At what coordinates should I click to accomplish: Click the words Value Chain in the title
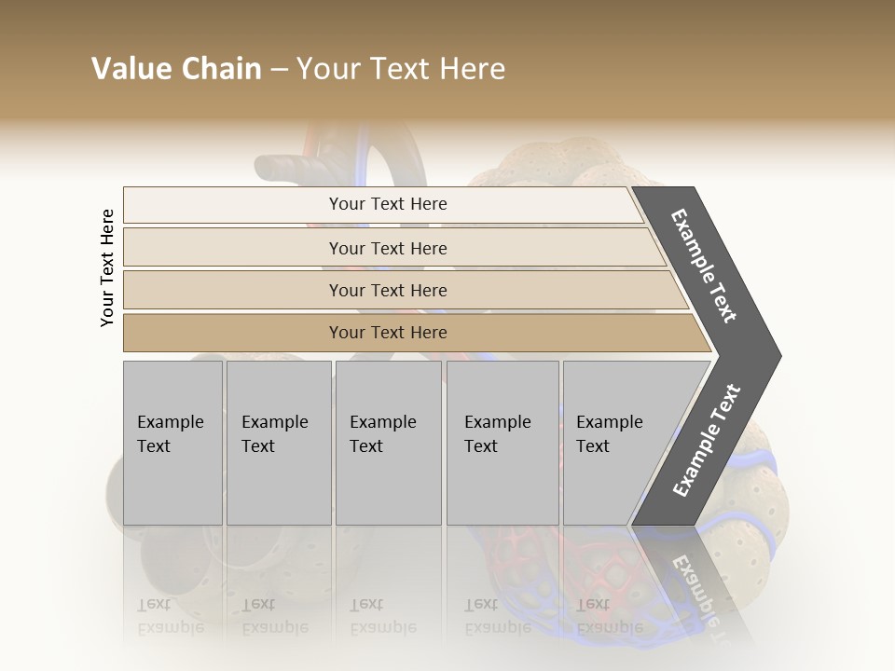pyautogui.click(x=176, y=69)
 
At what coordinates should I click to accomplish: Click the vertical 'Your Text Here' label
pyautogui.click(x=107, y=267)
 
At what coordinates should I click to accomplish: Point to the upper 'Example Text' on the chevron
pyautogui.click(x=704, y=266)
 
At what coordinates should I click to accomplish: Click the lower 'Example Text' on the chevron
pyautogui.click(x=707, y=440)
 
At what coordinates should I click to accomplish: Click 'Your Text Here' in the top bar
pyautogui.click(x=388, y=204)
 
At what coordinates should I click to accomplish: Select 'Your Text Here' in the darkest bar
pyautogui.click(x=388, y=333)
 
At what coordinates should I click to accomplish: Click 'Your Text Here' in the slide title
pyautogui.click(x=401, y=69)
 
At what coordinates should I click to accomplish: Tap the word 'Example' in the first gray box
pyautogui.click(x=170, y=422)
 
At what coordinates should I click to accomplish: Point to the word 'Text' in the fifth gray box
pyautogui.click(x=592, y=446)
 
